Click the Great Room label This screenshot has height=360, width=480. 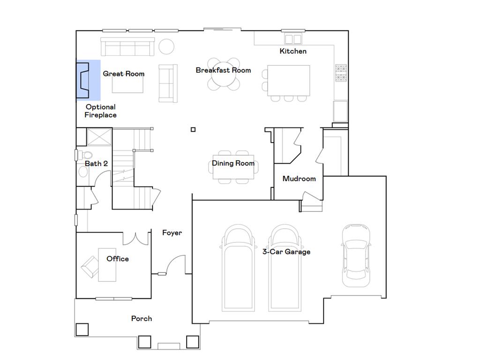tap(123, 74)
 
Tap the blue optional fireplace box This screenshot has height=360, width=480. tap(88, 80)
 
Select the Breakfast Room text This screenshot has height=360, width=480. tap(223, 70)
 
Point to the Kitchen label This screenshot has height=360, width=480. tap(293, 51)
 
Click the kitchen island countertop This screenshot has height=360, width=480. tap(289, 80)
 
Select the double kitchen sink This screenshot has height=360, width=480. tap(293, 38)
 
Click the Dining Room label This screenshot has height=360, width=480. tap(233, 163)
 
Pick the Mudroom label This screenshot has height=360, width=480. tap(299, 179)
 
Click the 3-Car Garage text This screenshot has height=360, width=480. tap(286, 252)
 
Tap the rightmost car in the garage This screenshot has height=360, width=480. tap(356, 255)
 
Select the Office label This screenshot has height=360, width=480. tap(117, 259)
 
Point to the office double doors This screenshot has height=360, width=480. tap(135, 238)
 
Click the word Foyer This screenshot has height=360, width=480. tap(172, 233)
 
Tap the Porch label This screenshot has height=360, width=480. tap(141, 319)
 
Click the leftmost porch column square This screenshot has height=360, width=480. tap(82, 330)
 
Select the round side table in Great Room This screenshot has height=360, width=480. tap(166, 46)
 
